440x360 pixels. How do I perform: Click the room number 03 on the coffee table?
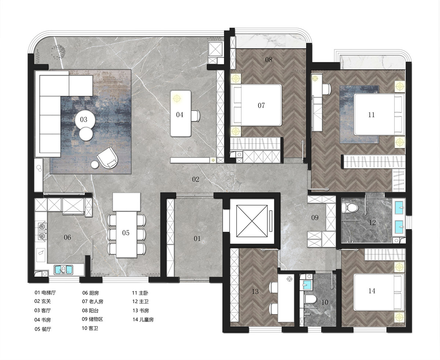click(84, 120)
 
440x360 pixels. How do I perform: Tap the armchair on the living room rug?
click(107, 158)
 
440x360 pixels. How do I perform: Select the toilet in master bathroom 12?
click(350, 208)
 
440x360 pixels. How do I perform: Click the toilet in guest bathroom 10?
click(311, 300)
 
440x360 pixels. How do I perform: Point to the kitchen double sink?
click(63, 270)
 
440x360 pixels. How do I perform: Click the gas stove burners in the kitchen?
click(42, 231)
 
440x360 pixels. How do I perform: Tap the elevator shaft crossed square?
click(252, 221)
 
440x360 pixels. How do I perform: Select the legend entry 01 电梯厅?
click(45, 293)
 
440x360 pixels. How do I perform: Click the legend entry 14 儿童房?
click(143, 320)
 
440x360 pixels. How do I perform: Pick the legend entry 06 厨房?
click(90, 293)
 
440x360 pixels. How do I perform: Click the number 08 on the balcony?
click(269, 60)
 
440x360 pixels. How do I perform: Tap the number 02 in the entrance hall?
click(195, 179)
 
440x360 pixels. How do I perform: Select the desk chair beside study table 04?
click(195, 115)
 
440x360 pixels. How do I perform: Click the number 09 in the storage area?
click(315, 218)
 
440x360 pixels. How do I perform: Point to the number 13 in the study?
click(255, 291)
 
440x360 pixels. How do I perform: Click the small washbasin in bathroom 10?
click(306, 285)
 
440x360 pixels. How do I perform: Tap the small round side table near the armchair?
click(95, 164)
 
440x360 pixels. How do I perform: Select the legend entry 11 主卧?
click(140, 293)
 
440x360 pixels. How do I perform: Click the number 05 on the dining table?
click(126, 233)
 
